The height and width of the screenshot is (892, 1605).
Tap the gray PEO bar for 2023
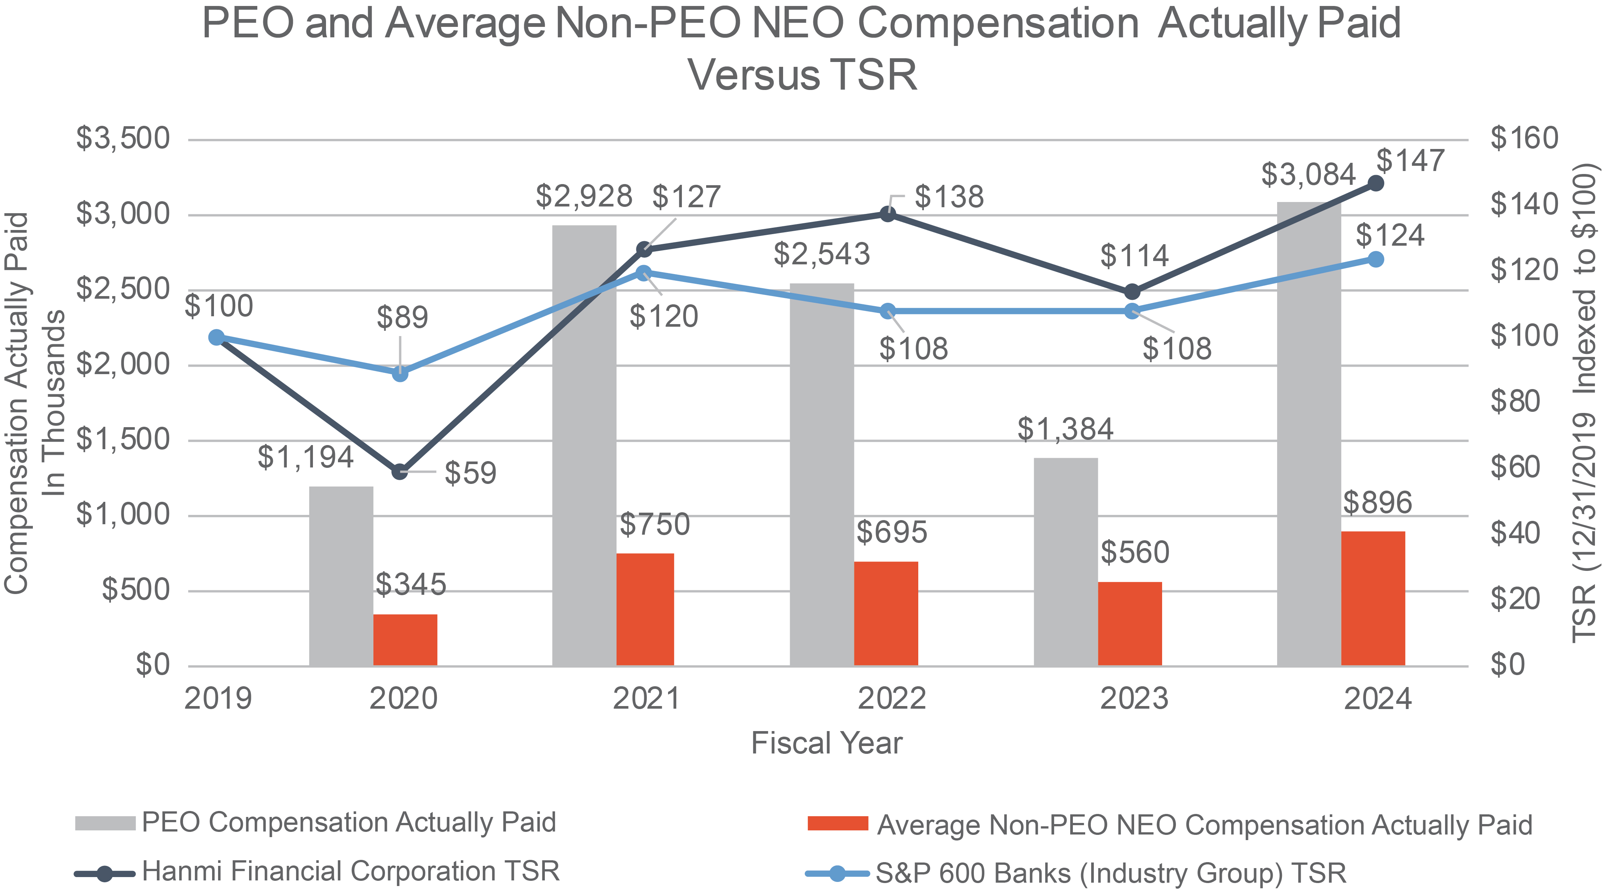pos(1065,562)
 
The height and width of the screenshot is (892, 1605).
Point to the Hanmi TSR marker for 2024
pos(1376,183)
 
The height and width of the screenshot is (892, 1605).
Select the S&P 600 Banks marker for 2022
pos(888,311)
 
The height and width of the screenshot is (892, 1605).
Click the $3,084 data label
pos(1308,174)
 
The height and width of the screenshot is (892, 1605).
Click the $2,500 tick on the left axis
pos(123,290)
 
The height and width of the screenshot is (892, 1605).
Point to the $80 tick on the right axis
pos(1523,401)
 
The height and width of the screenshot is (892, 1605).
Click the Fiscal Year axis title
pos(826,743)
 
